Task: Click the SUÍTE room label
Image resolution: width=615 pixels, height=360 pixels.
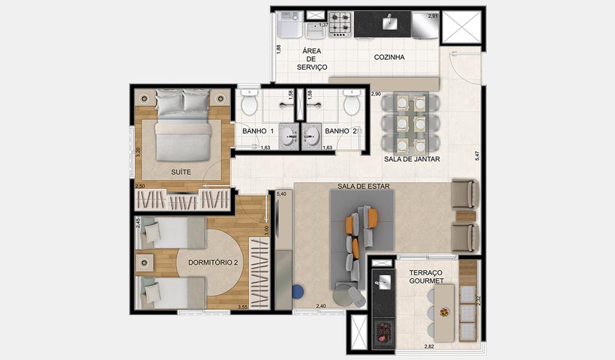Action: click(x=180, y=172)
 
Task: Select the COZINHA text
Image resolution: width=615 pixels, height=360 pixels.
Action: click(x=389, y=57)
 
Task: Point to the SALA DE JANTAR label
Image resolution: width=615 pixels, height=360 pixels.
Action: click(x=412, y=159)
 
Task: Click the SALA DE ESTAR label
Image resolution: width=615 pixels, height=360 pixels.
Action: click(x=364, y=187)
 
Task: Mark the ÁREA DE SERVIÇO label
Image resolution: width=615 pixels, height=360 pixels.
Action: click(x=312, y=59)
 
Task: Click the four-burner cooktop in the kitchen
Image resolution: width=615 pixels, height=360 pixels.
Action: click(x=341, y=24)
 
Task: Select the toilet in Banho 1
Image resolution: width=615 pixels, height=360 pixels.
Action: click(x=249, y=103)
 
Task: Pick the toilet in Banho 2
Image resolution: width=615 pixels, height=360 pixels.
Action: click(x=351, y=103)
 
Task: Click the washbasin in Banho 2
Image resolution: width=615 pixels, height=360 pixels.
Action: click(x=311, y=134)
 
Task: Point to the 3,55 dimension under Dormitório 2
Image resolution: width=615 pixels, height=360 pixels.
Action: click(x=243, y=307)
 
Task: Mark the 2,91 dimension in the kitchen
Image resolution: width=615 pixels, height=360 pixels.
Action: click(x=433, y=16)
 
